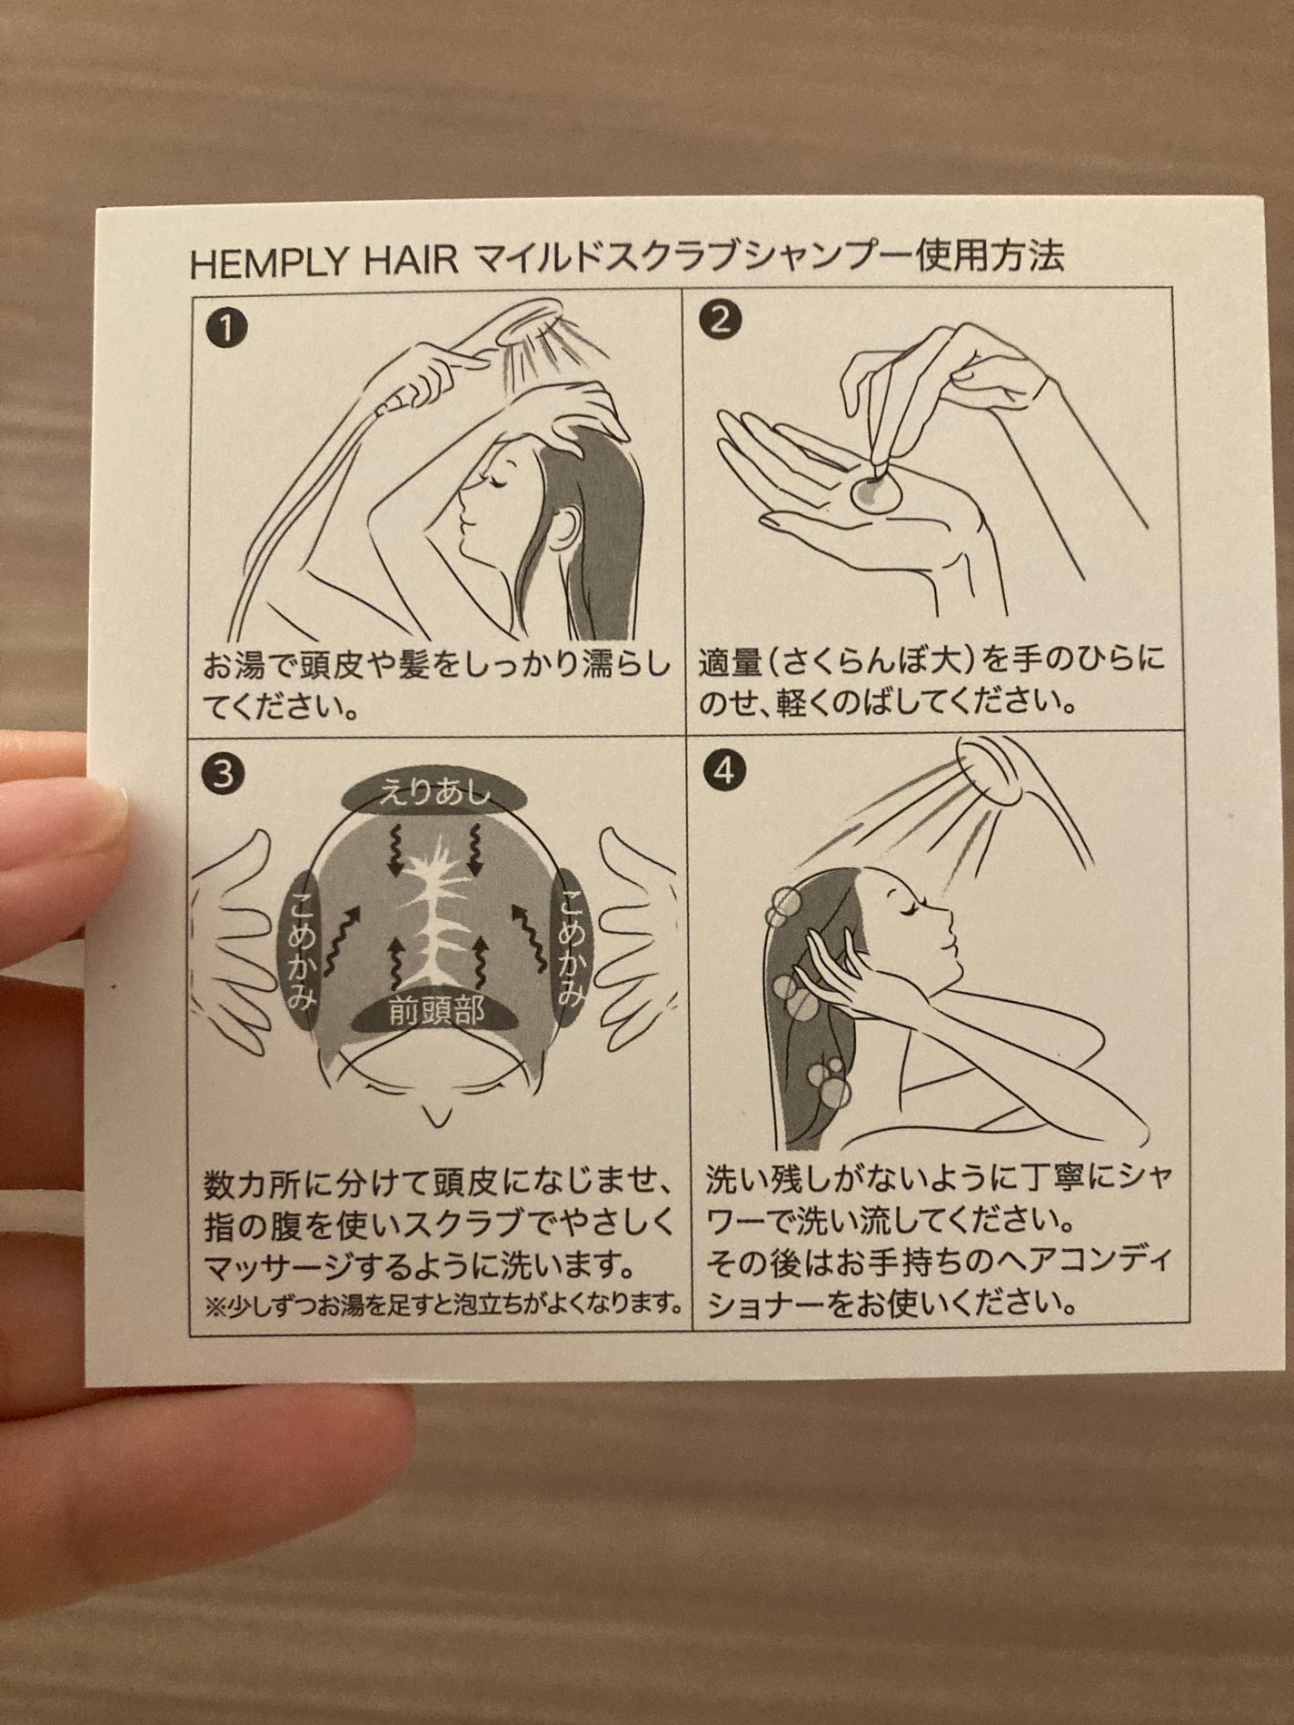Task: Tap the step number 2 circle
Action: pyautogui.click(x=720, y=320)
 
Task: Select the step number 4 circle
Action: pyautogui.click(x=724, y=771)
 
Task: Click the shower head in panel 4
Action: pyautogui.click(x=995, y=770)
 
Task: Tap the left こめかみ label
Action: pyautogui.click(x=302, y=950)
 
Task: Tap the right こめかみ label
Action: pyautogui.click(x=570, y=947)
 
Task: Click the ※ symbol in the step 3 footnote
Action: pyautogui.click(x=214, y=1307)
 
